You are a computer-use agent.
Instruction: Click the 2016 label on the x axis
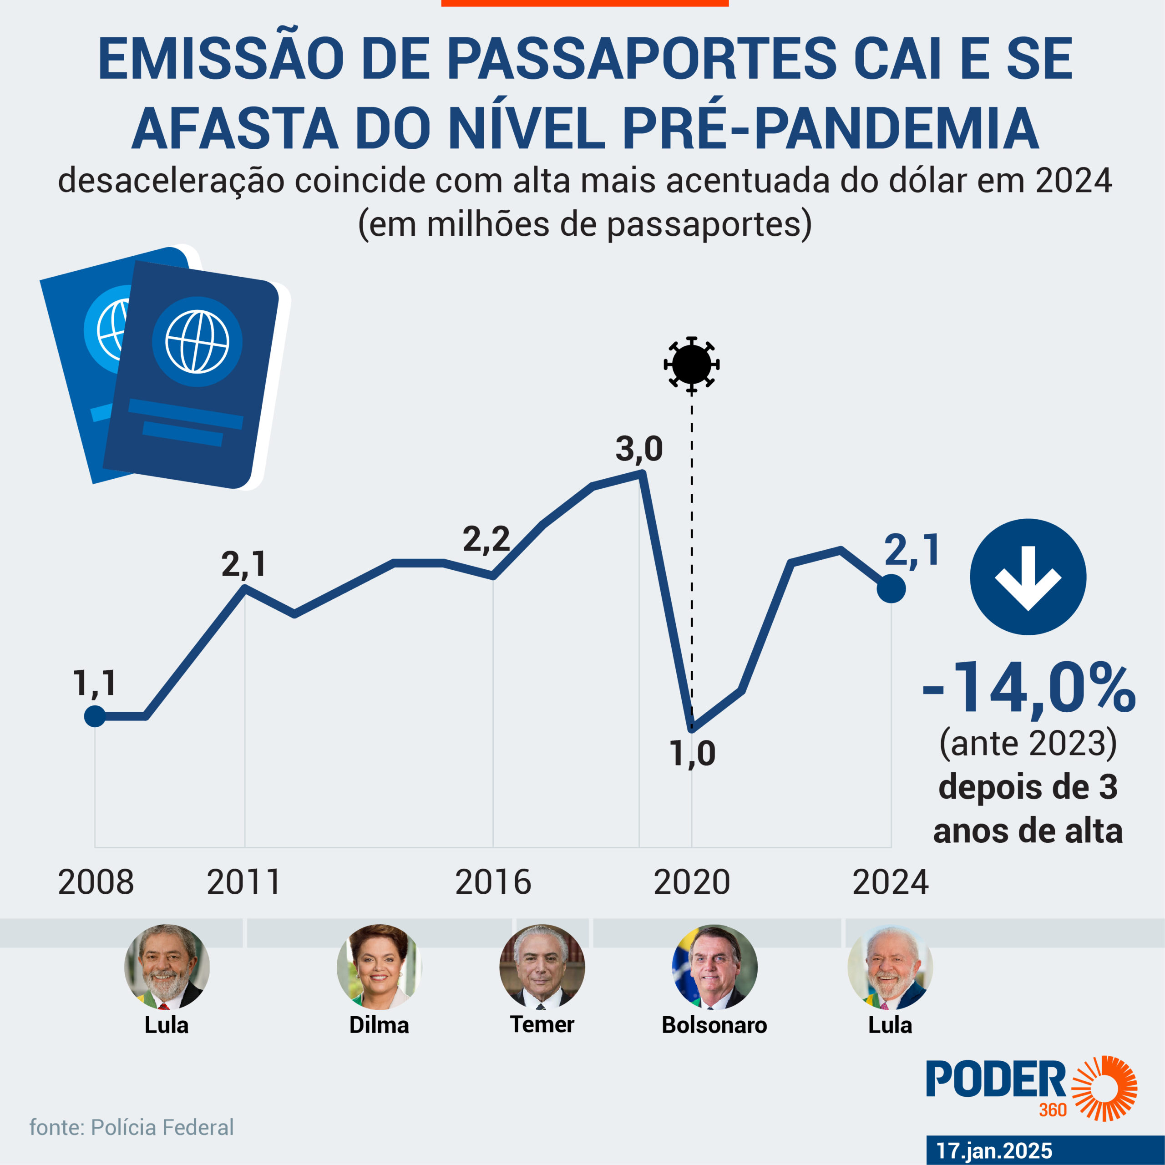[x=493, y=882]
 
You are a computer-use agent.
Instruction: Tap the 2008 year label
[x=96, y=882]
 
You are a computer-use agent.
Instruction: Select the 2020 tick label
[x=692, y=882]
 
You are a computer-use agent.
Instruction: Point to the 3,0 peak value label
[x=638, y=450]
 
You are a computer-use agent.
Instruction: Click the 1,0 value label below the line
[x=692, y=754]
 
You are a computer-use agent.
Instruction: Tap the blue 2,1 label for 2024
[x=911, y=551]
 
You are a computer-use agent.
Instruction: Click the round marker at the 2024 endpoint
[x=891, y=588]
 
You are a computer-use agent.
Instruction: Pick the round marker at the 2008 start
[x=95, y=716]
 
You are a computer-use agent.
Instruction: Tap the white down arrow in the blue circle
[x=1028, y=577]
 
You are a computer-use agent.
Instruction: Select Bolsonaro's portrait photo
[x=714, y=967]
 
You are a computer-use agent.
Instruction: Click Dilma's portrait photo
[x=379, y=967]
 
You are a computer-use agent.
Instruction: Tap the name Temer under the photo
[x=542, y=1024]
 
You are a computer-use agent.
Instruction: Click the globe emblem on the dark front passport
[x=197, y=341]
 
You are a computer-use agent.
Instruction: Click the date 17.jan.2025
[x=994, y=1150]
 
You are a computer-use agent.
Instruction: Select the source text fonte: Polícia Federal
[x=132, y=1128]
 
